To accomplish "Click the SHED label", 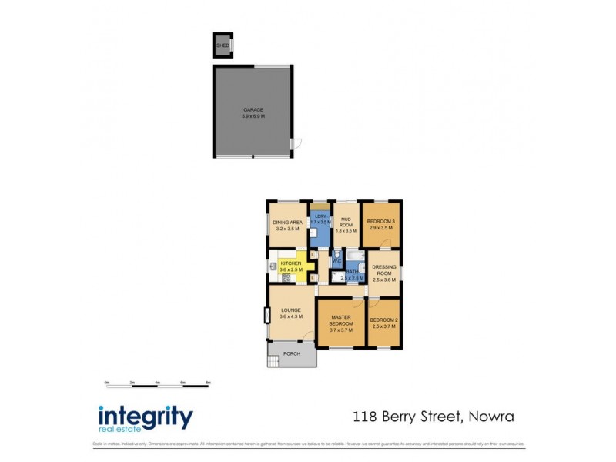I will point(223,45).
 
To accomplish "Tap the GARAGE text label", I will point(253,110).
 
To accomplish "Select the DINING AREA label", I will point(286,223).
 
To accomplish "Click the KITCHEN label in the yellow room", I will point(290,263).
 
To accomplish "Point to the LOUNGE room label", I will point(290,310).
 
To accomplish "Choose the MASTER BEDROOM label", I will point(340,320).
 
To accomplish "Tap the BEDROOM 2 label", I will point(383,320).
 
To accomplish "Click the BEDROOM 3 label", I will point(381,222).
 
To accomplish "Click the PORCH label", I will point(291,354).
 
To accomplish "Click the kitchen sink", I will point(273,266).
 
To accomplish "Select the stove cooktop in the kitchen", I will point(286,276).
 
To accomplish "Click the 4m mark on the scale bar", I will point(157,383).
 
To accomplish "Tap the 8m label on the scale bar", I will point(208,383).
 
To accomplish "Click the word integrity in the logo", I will point(146,417).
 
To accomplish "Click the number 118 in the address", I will point(364,417).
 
